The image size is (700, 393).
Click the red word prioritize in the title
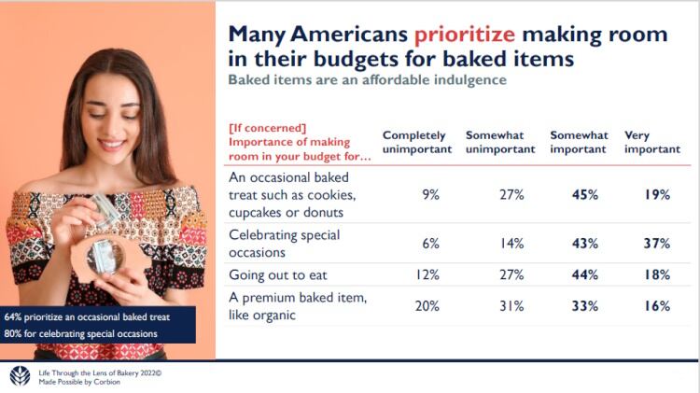(x=465, y=35)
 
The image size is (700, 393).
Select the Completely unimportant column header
(x=414, y=142)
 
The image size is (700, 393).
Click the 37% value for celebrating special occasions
(x=657, y=244)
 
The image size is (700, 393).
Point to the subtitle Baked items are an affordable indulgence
(x=369, y=80)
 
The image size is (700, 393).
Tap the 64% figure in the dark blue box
(x=14, y=316)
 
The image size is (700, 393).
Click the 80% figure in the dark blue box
(x=14, y=333)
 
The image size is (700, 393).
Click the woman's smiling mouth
(x=111, y=145)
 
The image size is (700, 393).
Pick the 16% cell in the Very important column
(x=657, y=307)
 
